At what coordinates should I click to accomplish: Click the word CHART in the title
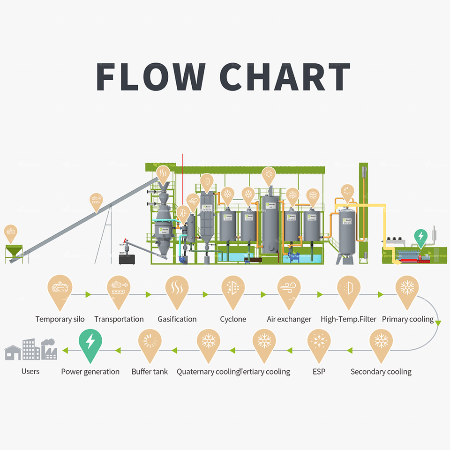pos(285,76)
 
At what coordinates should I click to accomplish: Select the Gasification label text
pos(177,319)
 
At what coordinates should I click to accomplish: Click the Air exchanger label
pos(289,319)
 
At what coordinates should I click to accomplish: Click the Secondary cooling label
pos(381,372)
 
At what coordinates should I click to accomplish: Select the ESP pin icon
pos(319,344)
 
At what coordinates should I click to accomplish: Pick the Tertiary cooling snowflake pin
pos(264,344)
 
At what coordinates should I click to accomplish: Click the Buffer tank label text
pos(150,372)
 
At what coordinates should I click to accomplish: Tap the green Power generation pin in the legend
pos(90,344)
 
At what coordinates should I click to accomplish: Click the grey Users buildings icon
pos(31,350)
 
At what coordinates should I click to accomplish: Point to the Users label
pos(30,371)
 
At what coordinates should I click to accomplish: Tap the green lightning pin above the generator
pos(421,237)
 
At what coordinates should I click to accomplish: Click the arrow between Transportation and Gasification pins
pos(148,294)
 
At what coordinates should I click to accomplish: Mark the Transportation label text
pos(119,319)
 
